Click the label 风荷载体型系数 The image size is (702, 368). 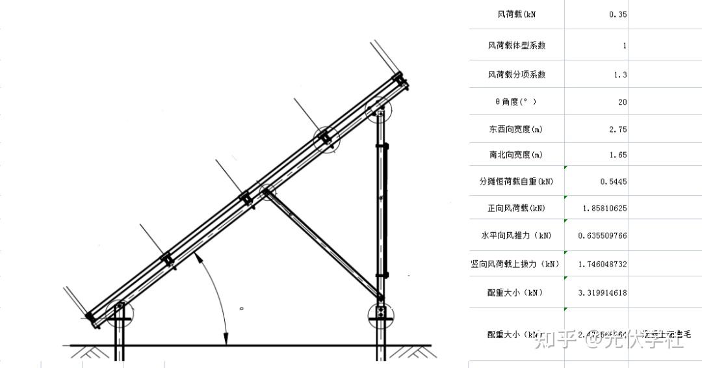(517, 46)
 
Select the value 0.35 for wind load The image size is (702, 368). (617, 14)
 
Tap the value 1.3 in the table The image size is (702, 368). (620, 75)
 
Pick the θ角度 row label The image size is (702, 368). (516, 102)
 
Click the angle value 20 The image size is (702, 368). (622, 102)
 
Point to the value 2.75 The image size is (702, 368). (617, 129)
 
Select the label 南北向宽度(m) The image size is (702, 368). (516, 155)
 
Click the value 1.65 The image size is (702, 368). (617, 155)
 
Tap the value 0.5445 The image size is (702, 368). (614, 181)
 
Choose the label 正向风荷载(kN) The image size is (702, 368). (517, 208)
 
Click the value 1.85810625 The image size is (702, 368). (604, 208)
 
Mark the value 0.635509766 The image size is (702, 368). (603, 235)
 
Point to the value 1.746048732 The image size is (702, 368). (603, 264)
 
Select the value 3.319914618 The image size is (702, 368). (603, 293)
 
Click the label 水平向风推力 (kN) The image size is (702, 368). (517, 235)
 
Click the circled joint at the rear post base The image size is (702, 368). (380, 314)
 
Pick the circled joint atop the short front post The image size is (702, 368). (120, 313)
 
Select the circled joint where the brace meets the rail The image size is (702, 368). (267, 192)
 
